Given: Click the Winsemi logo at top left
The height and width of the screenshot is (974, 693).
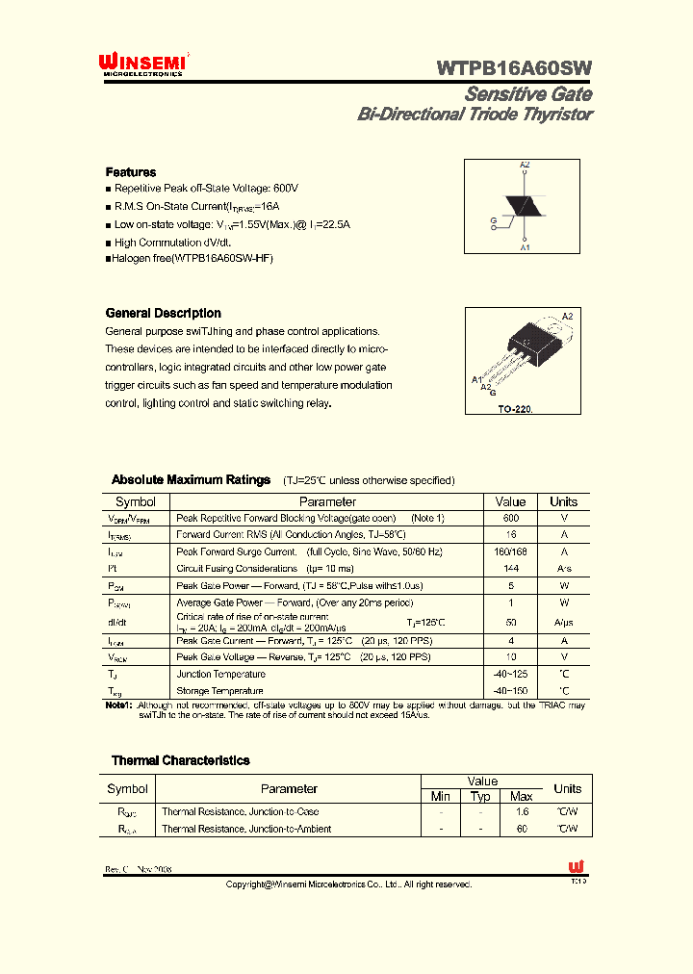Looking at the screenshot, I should tap(143, 64).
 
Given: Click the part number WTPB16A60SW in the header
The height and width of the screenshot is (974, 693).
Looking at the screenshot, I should tap(514, 67).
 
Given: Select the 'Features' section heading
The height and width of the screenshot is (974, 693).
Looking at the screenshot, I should tap(130, 172).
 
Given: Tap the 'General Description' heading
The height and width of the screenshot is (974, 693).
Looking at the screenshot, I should tap(163, 313).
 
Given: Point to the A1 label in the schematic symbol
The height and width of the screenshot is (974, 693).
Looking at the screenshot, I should tap(525, 247).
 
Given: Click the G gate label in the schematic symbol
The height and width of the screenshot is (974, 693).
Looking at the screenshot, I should tap(494, 220).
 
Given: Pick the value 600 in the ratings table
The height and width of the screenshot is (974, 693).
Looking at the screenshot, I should tap(510, 518).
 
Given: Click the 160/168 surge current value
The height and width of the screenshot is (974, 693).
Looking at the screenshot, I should tap(510, 551).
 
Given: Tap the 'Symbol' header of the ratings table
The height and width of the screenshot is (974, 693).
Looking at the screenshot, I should tap(136, 501).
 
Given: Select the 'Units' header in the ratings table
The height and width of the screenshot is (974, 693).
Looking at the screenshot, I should tap(563, 501).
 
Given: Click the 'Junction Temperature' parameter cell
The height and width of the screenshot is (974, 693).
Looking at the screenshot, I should tap(220, 674).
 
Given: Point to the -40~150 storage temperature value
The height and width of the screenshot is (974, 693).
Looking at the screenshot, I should tap(510, 690).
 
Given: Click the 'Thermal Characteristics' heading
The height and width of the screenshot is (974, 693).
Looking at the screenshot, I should tap(180, 760).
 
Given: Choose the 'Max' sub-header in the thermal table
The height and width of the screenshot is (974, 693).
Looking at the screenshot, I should tap(521, 796).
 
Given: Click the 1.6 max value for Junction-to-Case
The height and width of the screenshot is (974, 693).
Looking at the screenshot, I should tap(521, 811).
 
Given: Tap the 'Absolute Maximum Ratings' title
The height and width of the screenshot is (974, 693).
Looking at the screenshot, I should tap(191, 479).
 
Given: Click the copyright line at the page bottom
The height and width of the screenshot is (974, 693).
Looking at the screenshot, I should tap(348, 884).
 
